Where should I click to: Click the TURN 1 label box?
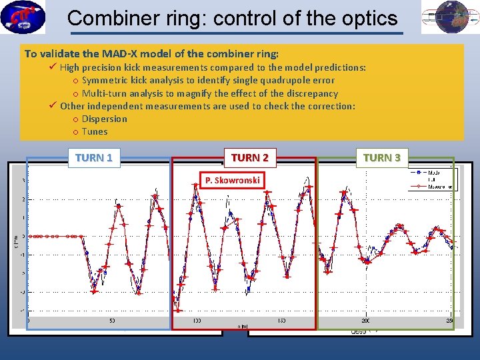pos(93,157)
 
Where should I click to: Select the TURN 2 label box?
pos(250,157)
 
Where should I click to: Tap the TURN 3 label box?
pos(382,157)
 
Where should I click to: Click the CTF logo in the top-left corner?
pos(23,17)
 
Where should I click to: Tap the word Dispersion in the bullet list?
pos(104,119)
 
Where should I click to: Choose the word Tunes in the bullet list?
pos(95,131)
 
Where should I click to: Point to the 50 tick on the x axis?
pos(111,321)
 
